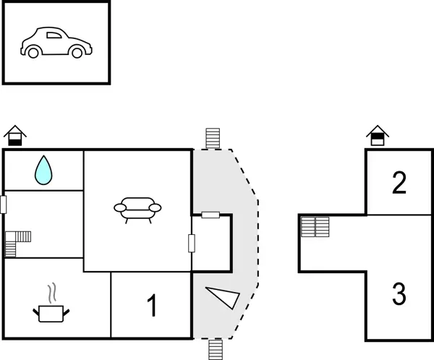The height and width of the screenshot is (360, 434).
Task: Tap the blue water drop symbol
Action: point(44,170)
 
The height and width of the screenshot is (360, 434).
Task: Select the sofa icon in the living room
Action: point(137,208)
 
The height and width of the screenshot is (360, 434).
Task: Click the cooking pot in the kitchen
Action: point(51,313)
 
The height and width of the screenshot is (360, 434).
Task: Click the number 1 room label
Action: point(152,307)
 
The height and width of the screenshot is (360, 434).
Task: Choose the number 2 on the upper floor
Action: point(399,183)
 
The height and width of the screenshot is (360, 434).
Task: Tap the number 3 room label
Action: point(399,294)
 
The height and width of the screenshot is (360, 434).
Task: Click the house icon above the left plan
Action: point(14,135)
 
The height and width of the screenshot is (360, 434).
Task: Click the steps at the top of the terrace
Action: point(212,138)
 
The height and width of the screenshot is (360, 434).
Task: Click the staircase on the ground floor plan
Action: point(17,243)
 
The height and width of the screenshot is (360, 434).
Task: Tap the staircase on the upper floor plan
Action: point(315,226)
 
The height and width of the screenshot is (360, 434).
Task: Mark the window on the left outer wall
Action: point(4,205)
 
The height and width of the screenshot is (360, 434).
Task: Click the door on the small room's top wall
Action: point(210,215)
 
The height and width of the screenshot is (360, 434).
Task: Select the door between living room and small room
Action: point(192,244)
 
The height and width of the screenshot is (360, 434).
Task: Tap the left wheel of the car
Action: point(33,51)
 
